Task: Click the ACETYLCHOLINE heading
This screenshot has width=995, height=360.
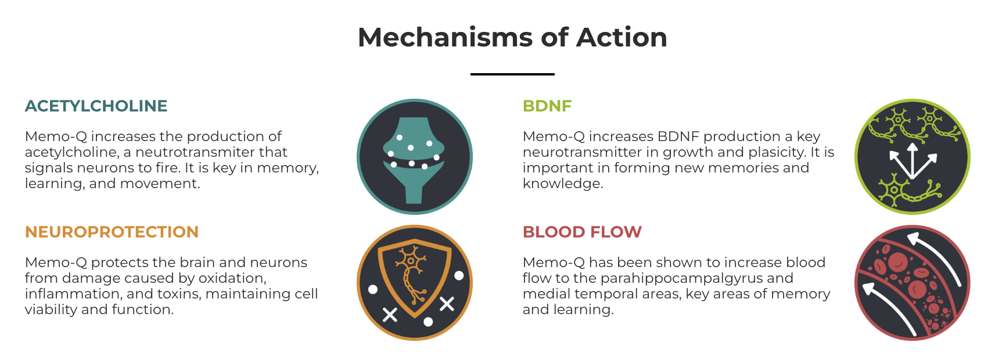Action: (x=96, y=106)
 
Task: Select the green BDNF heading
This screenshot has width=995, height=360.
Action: (x=547, y=106)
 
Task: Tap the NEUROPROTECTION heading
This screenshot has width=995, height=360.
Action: (x=112, y=232)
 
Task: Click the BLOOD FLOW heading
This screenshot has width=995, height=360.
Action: (x=582, y=232)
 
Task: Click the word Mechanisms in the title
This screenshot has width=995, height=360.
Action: (x=444, y=37)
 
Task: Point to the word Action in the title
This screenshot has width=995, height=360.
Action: (x=622, y=37)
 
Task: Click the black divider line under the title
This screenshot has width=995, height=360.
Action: (x=512, y=74)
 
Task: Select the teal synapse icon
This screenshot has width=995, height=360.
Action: (x=414, y=157)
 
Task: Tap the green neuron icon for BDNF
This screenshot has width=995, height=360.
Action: (x=913, y=157)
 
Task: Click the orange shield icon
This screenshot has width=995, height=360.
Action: (x=414, y=283)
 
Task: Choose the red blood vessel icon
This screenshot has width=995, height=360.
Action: (x=913, y=283)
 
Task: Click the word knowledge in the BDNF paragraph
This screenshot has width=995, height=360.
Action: (x=563, y=184)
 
